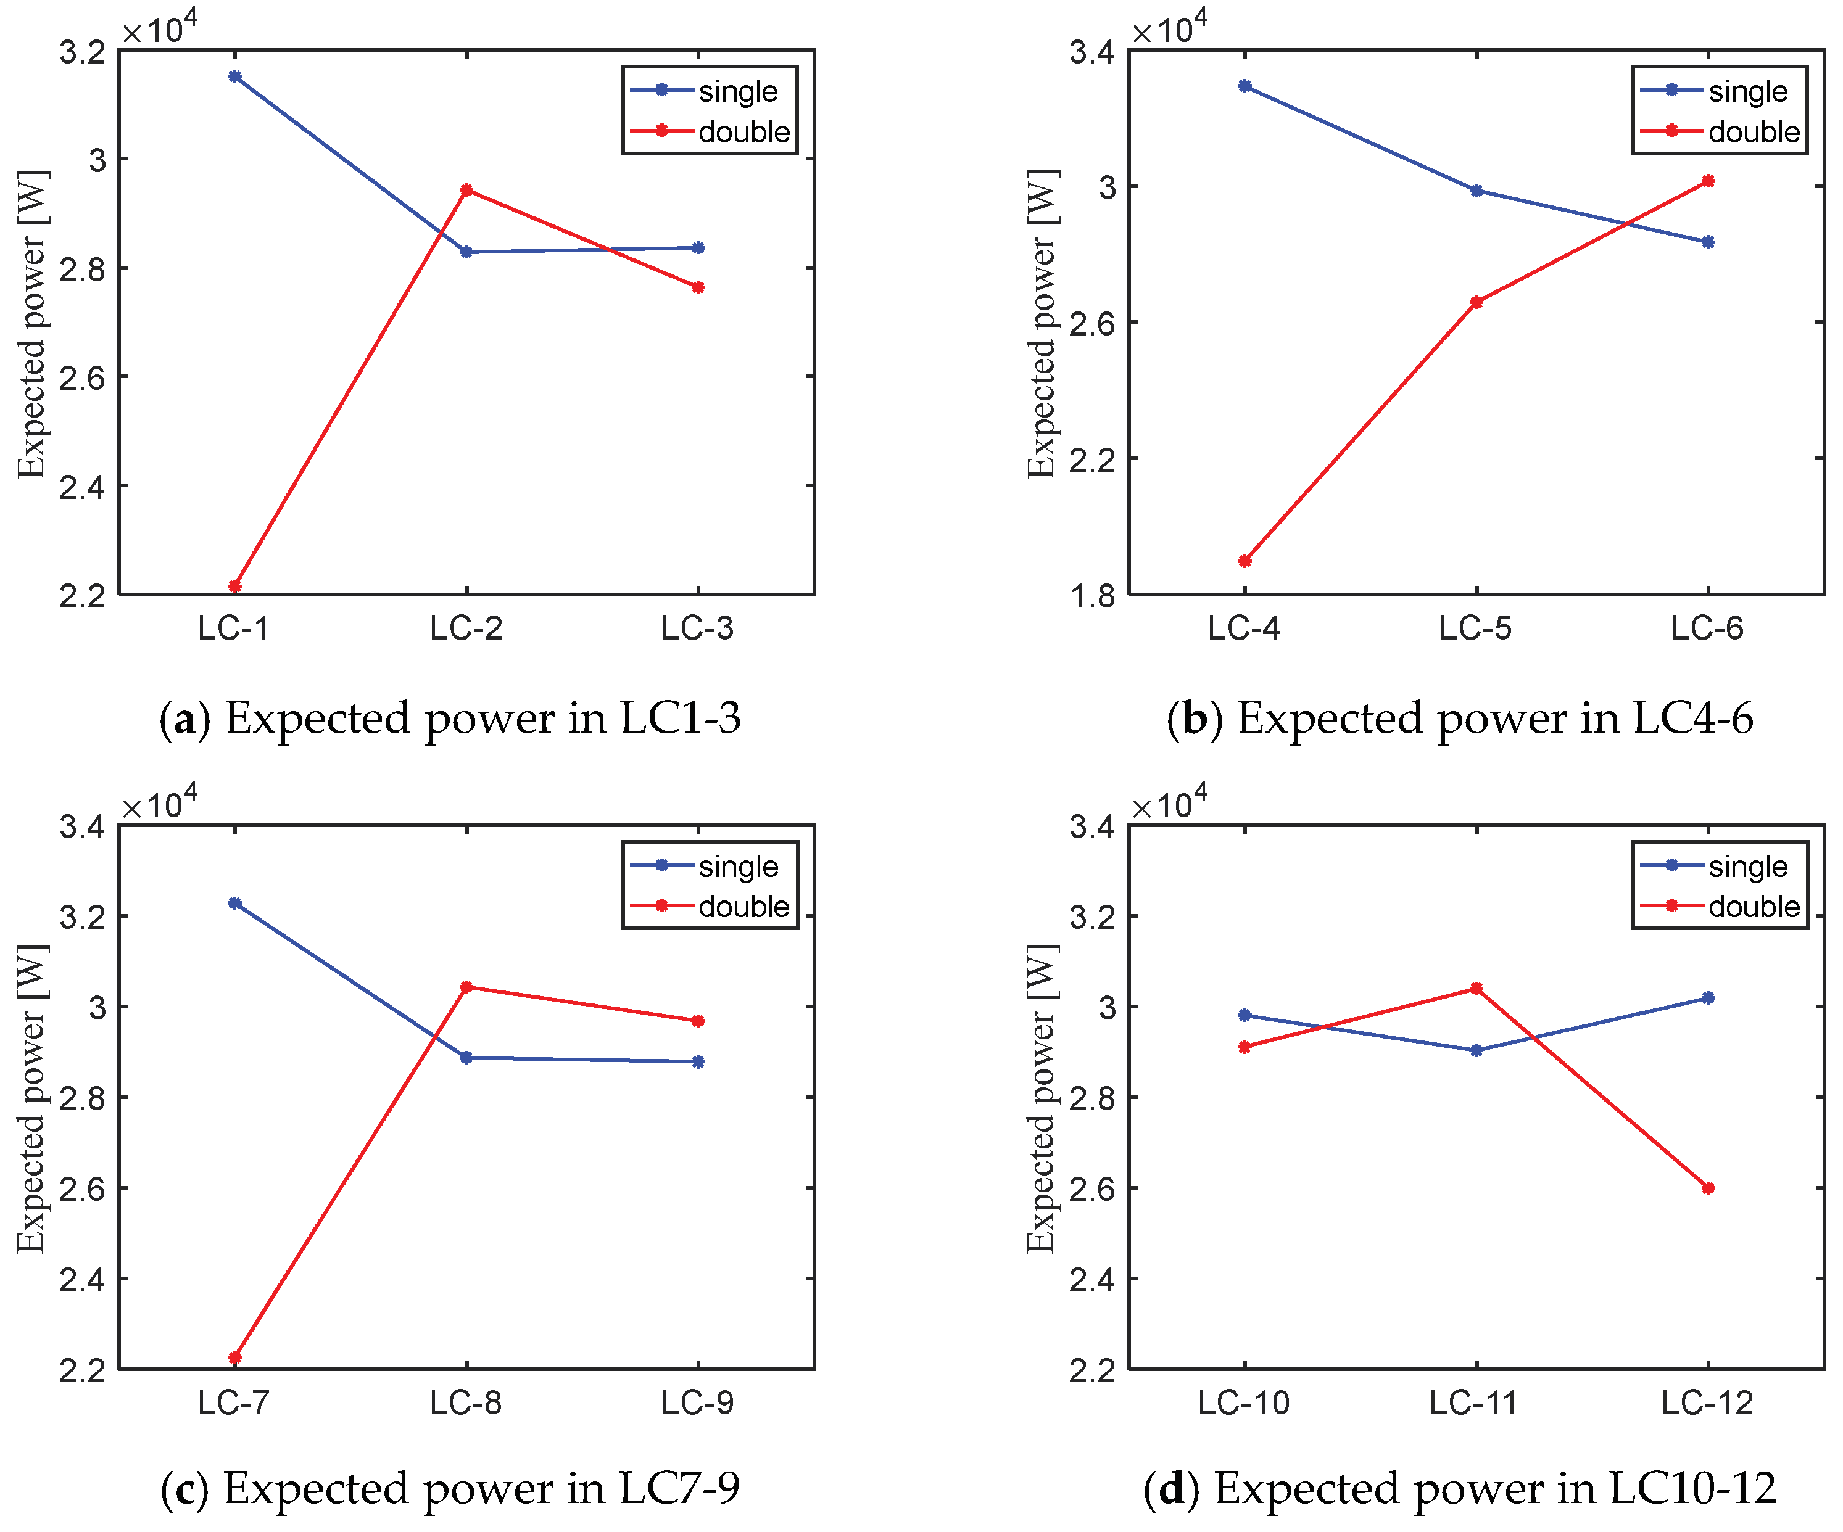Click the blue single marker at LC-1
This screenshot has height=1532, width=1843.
coord(234,76)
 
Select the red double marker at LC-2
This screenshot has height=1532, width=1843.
coord(467,189)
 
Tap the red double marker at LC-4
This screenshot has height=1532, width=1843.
coord(1245,561)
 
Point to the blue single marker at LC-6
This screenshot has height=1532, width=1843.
coord(1708,242)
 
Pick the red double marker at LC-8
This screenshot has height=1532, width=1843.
coord(467,987)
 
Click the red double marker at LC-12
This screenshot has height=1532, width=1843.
coord(1708,1188)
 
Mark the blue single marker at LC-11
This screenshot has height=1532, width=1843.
coord(1476,1050)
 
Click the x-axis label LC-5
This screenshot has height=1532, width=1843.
coord(1475,628)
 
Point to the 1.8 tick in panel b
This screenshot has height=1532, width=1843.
coord(1091,596)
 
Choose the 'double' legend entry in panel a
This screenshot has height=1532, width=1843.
coord(743,131)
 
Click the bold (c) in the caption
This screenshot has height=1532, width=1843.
coord(184,1488)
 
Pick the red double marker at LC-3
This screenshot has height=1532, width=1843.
coord(698,287)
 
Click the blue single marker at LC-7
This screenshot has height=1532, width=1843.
coord(234,903)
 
